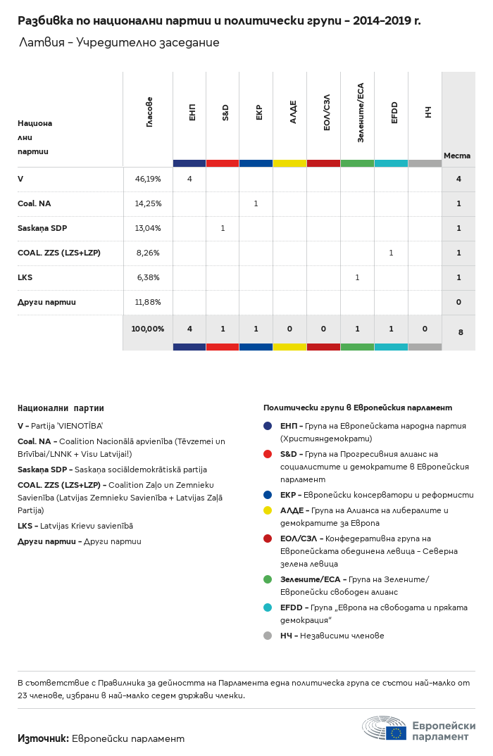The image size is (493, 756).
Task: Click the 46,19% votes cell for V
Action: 148,179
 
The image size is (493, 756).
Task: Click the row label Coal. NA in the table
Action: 35,203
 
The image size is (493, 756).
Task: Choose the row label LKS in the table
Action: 25,277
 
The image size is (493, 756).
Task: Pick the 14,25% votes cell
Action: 148,203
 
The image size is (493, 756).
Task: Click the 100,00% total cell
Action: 148,329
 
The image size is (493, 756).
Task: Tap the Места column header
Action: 457,156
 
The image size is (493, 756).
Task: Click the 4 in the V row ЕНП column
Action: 189,179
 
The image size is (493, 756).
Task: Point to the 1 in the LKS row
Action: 357,277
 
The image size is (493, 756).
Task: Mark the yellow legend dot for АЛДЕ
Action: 268,510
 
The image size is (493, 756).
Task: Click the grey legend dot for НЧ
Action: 268,636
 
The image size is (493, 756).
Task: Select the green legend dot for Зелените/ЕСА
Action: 268,579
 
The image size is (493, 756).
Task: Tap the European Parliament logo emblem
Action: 385,728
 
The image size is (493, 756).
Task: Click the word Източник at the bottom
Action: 43,738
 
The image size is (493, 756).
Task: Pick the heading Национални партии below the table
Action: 61,408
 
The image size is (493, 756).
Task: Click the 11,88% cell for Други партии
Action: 148,302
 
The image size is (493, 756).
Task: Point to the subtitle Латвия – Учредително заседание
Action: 119,43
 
